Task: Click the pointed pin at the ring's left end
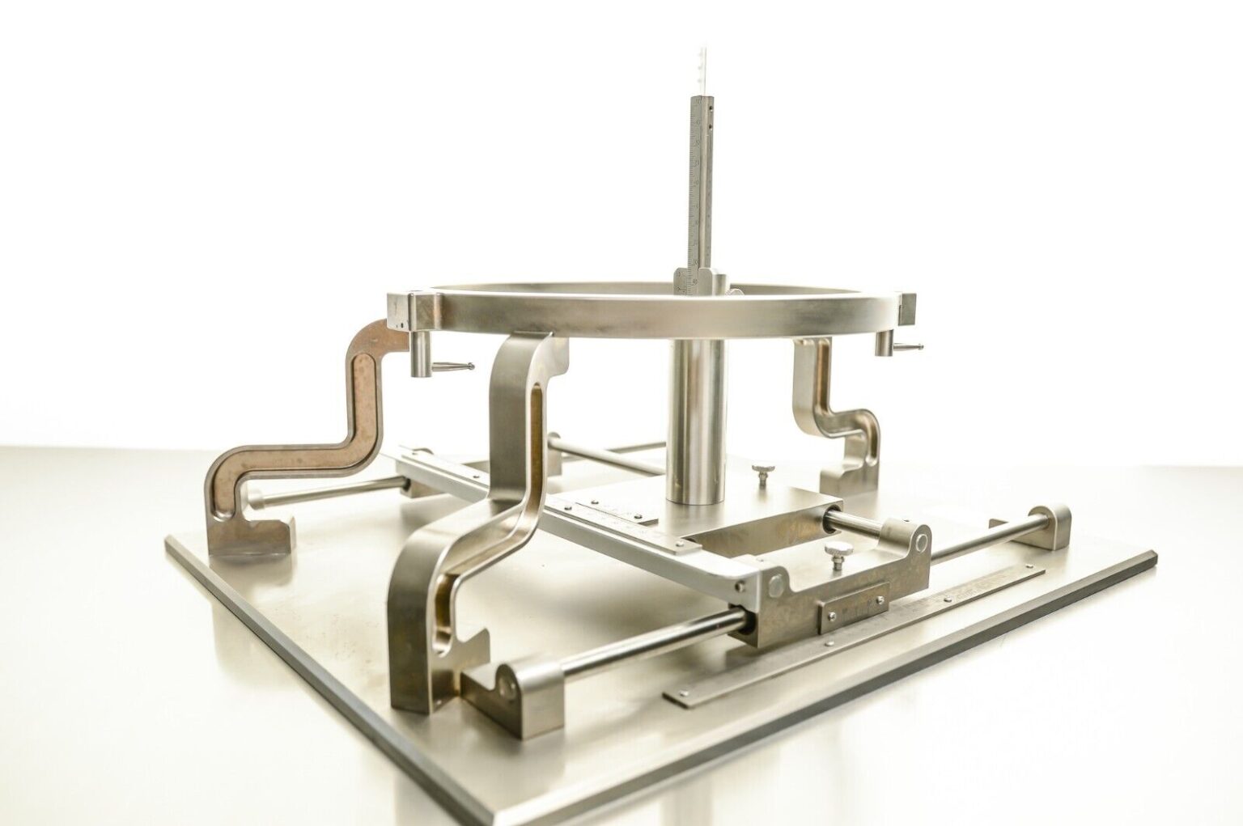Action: [x=453, y=365]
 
